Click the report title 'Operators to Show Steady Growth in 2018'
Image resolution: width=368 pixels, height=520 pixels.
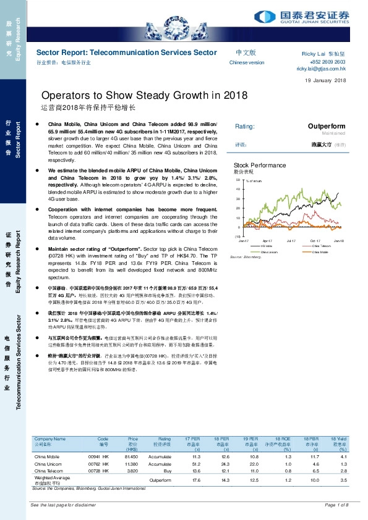(x=144, y=95)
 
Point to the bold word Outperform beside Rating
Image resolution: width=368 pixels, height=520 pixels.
(x=327, y=126)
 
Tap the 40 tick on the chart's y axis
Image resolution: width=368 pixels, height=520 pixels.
(x=238, y=189)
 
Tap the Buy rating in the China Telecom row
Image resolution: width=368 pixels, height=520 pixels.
(x=166, y=470)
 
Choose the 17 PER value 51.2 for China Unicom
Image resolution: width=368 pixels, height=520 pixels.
(x=196, y=463)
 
